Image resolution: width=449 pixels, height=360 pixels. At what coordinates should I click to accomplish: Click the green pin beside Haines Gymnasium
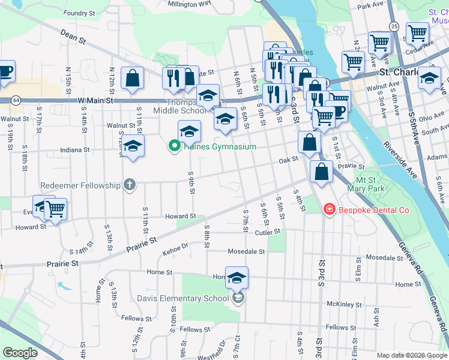click(175, 146)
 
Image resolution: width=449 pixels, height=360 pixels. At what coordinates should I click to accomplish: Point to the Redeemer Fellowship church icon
click(129, 185)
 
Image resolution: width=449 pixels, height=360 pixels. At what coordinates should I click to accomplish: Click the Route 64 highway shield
click(15, 99)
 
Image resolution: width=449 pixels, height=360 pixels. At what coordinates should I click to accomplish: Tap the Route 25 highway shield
click(394, 26)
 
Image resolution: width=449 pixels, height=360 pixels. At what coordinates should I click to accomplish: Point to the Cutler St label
click(268, 232)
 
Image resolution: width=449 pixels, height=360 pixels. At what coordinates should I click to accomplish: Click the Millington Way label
click(189, 3)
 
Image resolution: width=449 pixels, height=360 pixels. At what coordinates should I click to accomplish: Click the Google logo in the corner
click(20, 353)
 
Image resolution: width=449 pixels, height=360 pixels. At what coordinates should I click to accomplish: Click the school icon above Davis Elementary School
click(237, 278)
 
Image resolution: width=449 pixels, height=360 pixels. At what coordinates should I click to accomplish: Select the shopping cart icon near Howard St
click(55, 209)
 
